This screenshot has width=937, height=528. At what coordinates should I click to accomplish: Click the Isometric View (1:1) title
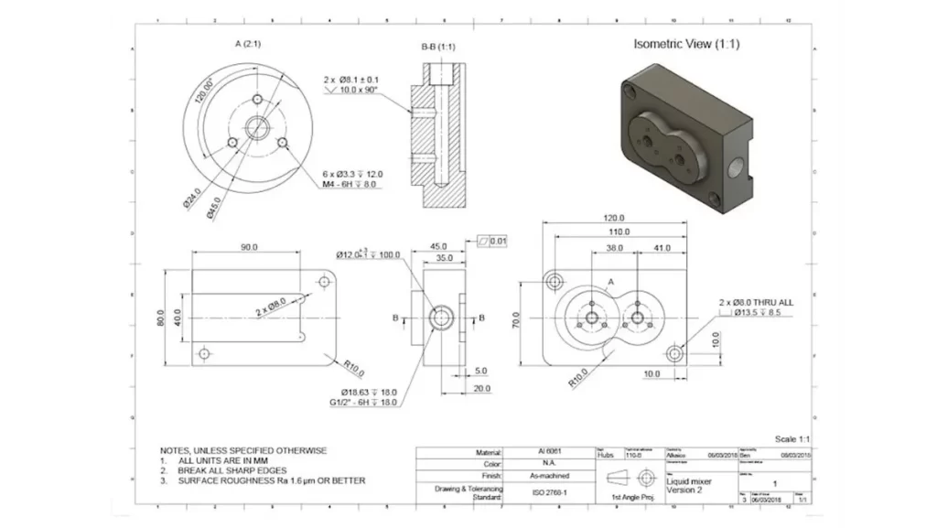(x=686, y=44)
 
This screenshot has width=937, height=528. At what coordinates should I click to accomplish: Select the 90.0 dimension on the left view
(x=249, y=247)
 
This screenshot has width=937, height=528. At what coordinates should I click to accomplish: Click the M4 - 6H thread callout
(x=352, y=184)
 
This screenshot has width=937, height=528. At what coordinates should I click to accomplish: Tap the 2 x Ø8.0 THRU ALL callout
(x=756, y=301)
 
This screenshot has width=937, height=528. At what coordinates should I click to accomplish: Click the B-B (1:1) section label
(x=439, y=46)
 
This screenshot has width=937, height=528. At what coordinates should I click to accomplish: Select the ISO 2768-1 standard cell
(x=551, y=491)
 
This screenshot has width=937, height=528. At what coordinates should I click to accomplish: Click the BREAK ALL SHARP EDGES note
(x=232, y=470)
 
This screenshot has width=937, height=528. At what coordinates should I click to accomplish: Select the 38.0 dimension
(x=614, y=248)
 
